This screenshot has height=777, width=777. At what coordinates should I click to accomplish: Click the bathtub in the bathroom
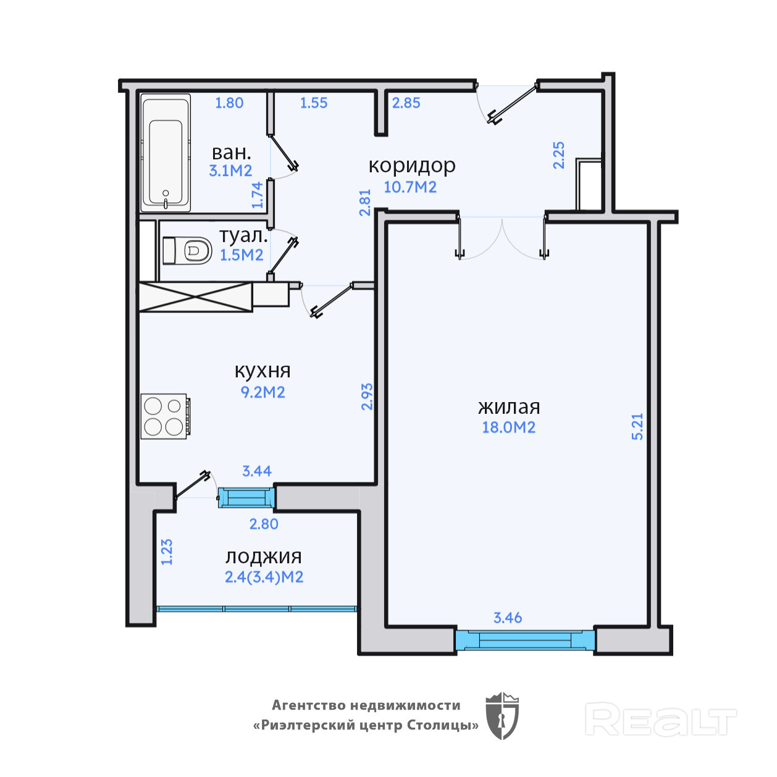point(166,153)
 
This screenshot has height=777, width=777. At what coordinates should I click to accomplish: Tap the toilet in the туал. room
point(188,251)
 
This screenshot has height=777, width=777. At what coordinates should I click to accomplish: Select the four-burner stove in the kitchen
point(166,416)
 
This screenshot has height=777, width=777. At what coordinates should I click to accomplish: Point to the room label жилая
point(509,408)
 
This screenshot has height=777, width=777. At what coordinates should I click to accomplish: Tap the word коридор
point(412,166)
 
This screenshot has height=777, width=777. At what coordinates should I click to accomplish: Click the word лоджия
point(264,558)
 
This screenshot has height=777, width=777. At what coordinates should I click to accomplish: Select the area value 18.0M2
point(509,427)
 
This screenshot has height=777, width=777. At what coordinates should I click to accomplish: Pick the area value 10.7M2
point(410,188)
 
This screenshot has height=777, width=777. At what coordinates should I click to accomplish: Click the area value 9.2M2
point(263,392)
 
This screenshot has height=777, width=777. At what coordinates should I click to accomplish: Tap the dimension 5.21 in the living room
point(637,427)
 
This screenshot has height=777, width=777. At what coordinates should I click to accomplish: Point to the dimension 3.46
point(508,618)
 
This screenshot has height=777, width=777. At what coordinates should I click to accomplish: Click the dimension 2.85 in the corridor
point(406,103)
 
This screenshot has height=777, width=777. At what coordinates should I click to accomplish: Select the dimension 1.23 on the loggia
point(167,552)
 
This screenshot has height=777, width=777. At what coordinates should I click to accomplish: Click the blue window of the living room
point(525,640)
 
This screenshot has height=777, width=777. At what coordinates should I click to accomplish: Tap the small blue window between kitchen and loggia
point(246,498)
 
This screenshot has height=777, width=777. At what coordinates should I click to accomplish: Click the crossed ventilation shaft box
point(196,297)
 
